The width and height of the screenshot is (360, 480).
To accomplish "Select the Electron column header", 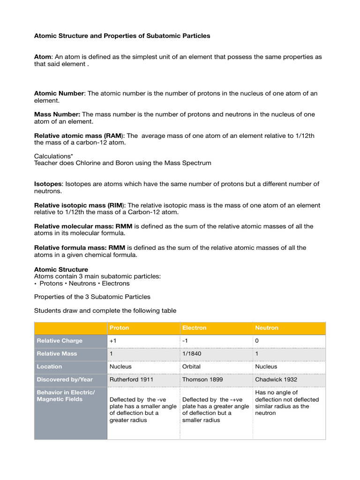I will (194, 328).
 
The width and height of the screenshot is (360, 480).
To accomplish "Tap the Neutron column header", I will (266, 328).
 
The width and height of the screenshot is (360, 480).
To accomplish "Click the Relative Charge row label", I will (60, 341).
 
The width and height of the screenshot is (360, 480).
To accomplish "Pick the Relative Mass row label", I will (57, 353).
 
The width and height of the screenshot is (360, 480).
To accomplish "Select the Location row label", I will (49, 367).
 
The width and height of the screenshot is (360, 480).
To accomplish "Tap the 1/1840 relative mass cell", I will (192, 353).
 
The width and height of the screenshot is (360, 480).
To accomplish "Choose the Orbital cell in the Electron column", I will (191, 367).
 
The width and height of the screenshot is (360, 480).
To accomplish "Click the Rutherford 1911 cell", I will (131, 379).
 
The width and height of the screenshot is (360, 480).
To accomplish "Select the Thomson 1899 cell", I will (202, 379).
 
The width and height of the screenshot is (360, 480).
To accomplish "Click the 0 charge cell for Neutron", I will (257, 341).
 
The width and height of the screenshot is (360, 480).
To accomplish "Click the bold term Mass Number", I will (57, 114).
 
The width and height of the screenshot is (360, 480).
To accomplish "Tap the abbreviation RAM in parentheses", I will (115, 135).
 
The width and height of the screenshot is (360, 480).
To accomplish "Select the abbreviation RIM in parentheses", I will (115, 205).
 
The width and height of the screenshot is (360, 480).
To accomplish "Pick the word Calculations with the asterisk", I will (53, 156).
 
